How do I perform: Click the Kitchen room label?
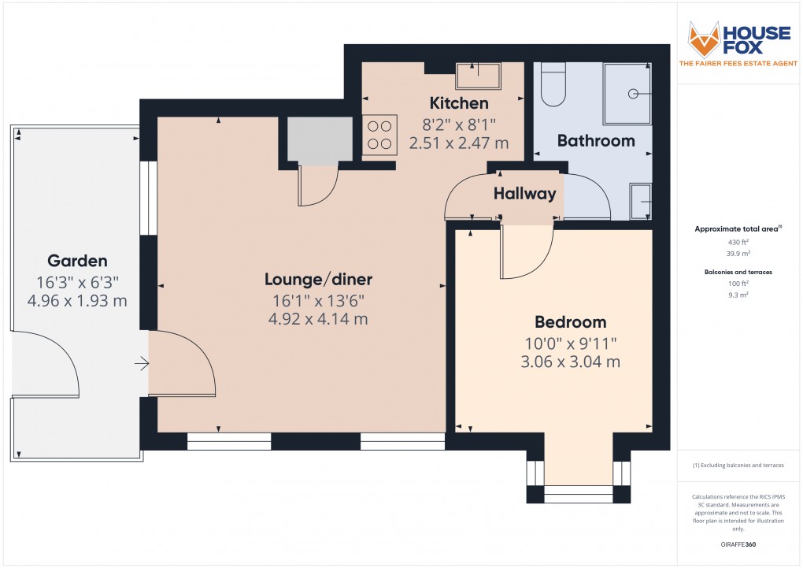tap(458, 103)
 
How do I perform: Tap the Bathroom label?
tap(596, 141)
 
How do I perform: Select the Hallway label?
tap(524, 193)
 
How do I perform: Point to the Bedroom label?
tap(571, 321)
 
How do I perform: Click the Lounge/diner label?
tap(318, 279)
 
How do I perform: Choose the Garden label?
tap(77, 261)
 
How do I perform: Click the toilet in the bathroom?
tap(553, 85)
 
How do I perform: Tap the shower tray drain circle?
tap(632, 94)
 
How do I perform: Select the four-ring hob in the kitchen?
tap(378, 134)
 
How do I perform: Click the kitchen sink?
tap(478, 76)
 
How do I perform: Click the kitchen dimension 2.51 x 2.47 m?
tap(458, 143)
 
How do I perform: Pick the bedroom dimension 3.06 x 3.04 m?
tap(571, 362)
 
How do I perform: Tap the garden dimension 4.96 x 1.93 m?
tap(77, 301)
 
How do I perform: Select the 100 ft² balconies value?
tap(737, 283)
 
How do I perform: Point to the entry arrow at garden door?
tap(142, 363)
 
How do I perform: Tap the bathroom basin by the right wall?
tap(641, 202)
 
